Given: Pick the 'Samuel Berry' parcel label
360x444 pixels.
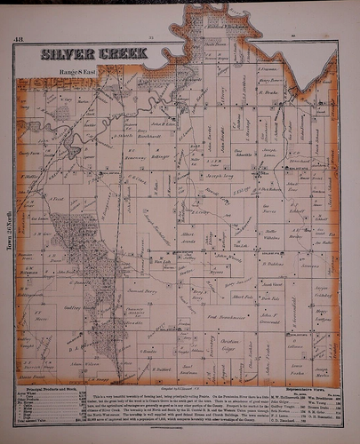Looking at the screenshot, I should pyautogui.click(x=141, y=292).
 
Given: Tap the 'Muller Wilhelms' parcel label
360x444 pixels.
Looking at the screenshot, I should pyautogui.click(x=271, y=236).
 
